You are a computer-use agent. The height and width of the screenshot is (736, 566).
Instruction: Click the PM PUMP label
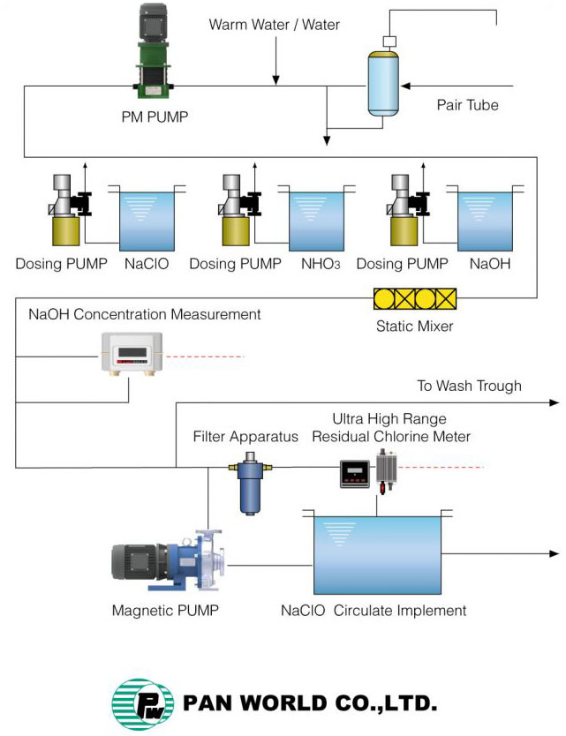pos(155,116)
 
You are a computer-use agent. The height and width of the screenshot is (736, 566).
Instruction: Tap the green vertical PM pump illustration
pos(154,53)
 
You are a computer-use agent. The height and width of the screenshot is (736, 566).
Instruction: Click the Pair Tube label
pos(467,105)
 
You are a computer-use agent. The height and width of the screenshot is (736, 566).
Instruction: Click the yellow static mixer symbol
pos(416,299)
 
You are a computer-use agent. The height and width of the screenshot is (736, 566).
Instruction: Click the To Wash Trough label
pos(469,386)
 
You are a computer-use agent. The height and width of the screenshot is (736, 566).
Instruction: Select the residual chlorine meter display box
pos(355,474)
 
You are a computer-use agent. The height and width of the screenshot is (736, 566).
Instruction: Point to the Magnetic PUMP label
pos(165,610)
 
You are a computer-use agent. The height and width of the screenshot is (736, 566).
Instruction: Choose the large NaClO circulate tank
pos(377,554)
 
